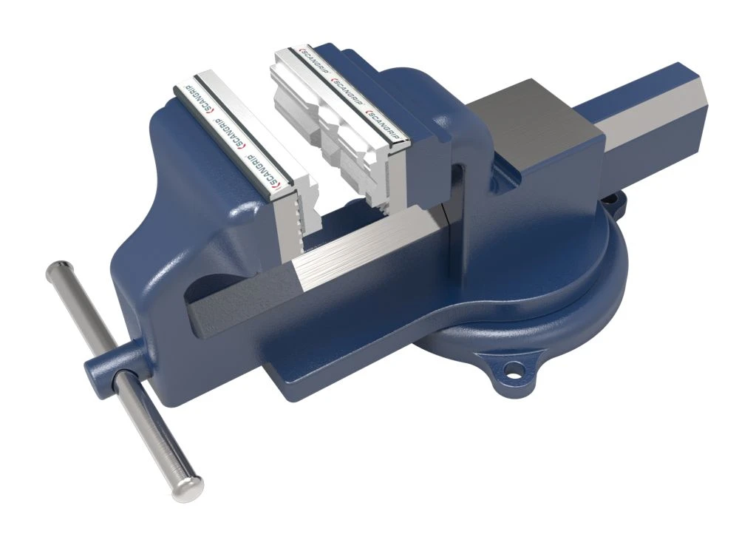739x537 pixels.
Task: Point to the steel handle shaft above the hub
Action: tap(78, 311)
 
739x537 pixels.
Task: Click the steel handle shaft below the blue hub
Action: tap(151, 429)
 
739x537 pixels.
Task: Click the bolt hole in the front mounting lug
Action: tap(508, 367)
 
